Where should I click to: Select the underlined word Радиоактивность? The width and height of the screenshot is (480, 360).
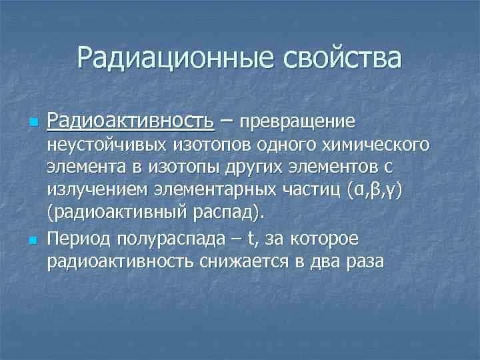[x=131, y=122]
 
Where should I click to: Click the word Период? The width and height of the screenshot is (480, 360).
[x=79, y=238]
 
